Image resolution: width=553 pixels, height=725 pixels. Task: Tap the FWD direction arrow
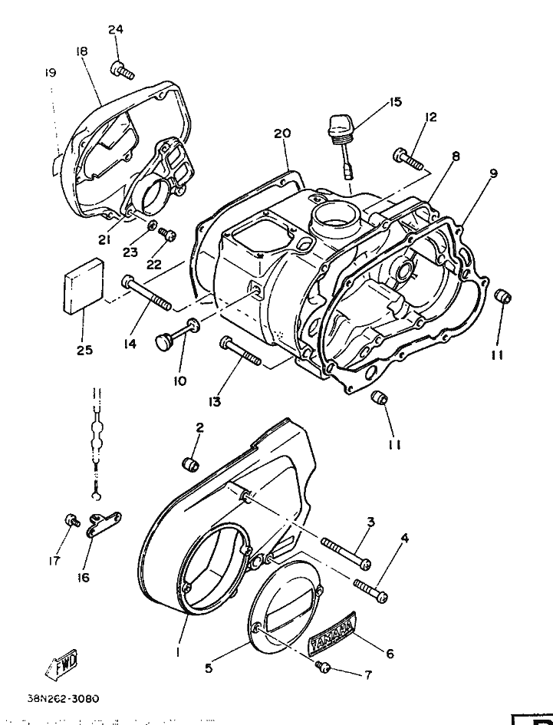[x=61, y=664]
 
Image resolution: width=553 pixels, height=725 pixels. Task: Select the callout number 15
[x=395, y=102]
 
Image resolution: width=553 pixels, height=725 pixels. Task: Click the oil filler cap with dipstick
[x=341, y=145]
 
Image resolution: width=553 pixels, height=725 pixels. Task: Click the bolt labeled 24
[x=122, y=70]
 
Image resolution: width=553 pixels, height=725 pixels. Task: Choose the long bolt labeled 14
[x=146, y=292]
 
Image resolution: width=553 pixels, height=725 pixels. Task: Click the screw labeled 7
[x=323, y=667]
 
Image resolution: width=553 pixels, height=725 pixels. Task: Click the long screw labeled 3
[x=346, y=553]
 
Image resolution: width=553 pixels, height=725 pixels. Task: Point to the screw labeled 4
[x=370, y=591]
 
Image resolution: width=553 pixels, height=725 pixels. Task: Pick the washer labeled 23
[x=150, y=227]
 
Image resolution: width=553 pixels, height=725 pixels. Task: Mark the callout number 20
[x=282, y=133]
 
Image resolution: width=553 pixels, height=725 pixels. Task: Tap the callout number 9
[x=493, y=173]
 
